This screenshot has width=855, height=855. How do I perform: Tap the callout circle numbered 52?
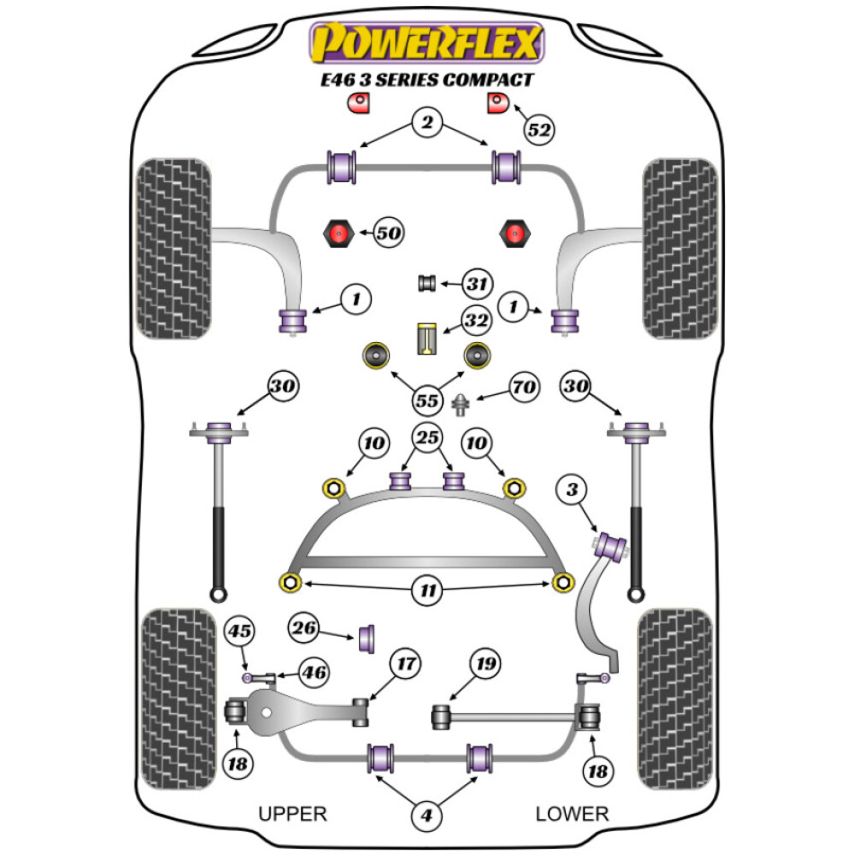click(539, 130)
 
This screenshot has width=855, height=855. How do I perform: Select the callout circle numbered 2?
click(427, 123)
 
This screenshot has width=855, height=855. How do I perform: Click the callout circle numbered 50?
click(387, 232)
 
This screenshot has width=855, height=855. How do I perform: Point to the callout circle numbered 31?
click(477, 284)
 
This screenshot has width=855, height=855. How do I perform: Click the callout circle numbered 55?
click(427, 400)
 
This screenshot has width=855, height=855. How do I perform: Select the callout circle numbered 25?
click(427, 439)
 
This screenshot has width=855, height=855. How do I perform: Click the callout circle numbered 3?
click(571, 491)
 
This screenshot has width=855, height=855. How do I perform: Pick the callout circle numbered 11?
click(427, 590)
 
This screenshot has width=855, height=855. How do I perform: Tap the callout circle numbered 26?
click(304, 629)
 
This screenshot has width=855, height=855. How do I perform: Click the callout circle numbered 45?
click(240, 632)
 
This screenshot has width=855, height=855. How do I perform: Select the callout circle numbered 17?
click(406, 663)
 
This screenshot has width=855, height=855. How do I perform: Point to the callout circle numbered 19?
click(486, 663)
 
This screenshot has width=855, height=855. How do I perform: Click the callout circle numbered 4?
click(427, 816)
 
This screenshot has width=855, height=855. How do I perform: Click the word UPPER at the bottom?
click(292, 813)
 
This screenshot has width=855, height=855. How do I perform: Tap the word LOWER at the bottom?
click(572, 813)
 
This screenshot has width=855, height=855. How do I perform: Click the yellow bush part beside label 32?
click(427, 338)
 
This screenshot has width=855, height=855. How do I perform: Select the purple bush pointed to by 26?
click(370, 638)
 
